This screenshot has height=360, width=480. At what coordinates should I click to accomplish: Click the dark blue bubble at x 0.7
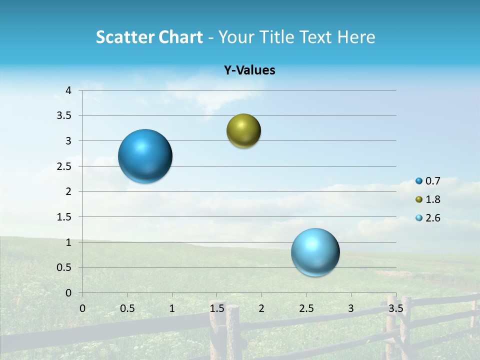[145, 156]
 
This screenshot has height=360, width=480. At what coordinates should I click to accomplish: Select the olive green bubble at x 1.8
[243, 131]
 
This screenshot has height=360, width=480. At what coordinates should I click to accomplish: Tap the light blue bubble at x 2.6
[315, 252]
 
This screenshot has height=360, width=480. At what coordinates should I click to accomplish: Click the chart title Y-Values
[249, 70]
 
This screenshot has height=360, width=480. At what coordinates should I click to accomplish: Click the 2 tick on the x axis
[261, 308]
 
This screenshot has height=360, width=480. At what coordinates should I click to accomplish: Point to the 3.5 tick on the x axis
[395, 308]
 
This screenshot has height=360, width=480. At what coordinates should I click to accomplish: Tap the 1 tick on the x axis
[172, 308]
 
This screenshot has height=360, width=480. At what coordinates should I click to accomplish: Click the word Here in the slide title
[355, 37]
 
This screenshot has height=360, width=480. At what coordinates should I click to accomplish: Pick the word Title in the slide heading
[275, 37]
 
